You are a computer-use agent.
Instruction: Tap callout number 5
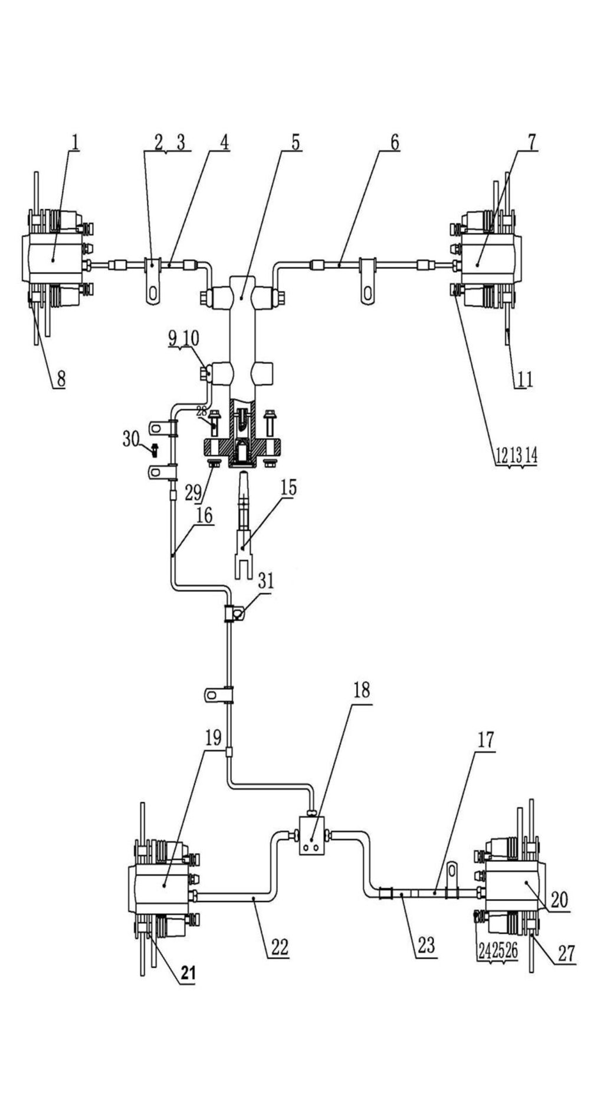[295, 141]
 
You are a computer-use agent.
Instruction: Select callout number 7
[531, 141]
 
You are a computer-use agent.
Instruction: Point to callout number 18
[361, 690]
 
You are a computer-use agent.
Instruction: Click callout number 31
[266, 581]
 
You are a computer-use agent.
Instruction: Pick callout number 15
[289, 488]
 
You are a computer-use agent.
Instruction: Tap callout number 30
[131, 438]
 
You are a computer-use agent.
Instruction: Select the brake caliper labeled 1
[53, 259]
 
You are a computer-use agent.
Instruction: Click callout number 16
[204, 516]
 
